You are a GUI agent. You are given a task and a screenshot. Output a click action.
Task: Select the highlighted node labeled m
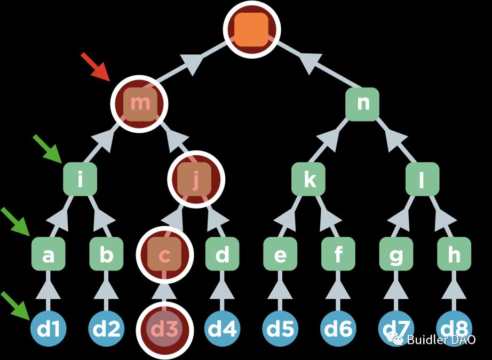pyautogui.click(x=140, y=103)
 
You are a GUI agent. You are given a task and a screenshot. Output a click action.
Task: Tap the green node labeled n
pyautogui.click(x=362, y=103)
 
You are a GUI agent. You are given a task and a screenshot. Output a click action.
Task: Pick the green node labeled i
pyautogui.click(x=80, y=180)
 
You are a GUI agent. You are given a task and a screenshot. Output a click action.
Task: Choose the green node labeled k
pyautogui.click(x=309, y=180)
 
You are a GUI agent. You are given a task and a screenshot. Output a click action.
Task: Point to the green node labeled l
pyautogui.click(x=422, y=180)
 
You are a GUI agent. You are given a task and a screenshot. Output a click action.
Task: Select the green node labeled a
pyautogui.click(x=48, y=255)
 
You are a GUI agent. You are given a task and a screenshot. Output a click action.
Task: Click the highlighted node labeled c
pyautogui.click(x=165, y=255)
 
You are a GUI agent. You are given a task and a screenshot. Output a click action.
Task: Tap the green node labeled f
pyautogui.click(x=338, y=255)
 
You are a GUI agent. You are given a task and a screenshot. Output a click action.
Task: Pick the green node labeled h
pyautogui.click(x=454, y=255)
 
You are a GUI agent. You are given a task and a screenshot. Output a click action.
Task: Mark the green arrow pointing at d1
pyautogui.click(x=16, y=305)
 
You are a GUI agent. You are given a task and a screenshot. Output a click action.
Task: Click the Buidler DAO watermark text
pyautogui.click(x=441, y=340)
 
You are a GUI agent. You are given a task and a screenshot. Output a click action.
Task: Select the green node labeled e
pyautogui.click(x=280, y=255)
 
